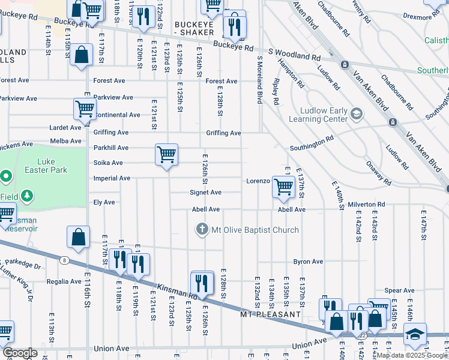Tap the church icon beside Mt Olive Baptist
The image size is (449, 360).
(202, 229)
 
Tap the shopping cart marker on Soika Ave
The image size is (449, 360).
(166, 155)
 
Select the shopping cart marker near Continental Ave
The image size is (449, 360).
(85, 109)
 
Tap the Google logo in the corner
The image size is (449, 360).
(19, 353)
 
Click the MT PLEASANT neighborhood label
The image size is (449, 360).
(270, 314)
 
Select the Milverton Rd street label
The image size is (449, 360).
(366, 205)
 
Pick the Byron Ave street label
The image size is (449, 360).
(308, 262)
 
